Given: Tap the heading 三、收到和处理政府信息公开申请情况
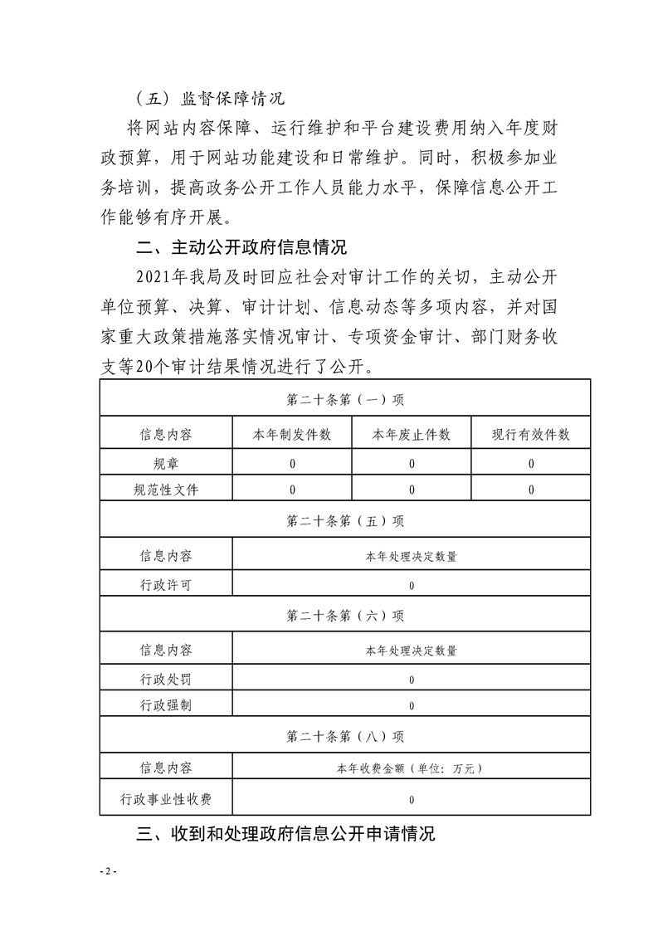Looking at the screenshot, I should click(285, 834).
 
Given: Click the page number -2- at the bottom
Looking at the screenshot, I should click(110, 871).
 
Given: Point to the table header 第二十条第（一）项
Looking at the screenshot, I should click(345, 399).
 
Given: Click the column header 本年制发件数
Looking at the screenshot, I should click(292, 435).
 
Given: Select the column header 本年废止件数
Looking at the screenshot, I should click(412, 435).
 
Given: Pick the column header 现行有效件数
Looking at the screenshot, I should click(531, 435).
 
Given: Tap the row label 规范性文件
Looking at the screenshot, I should click(166, 490).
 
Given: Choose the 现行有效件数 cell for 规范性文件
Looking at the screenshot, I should click(531, 490).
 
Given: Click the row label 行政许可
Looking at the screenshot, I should click(166, 585).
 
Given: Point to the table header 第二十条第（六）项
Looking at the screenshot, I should click(345, 616).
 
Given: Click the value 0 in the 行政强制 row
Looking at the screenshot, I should click(412, 706).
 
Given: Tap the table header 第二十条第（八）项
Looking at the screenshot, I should click(345, 736).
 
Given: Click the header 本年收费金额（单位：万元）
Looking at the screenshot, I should click(412, 769).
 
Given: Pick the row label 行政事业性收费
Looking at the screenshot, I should click(166, 800).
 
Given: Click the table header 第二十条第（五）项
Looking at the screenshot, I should click(345, 521).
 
